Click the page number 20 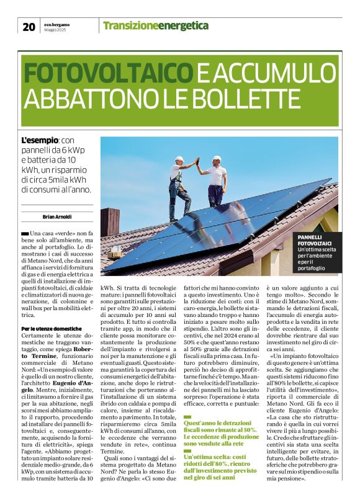pyautogui.click(x=29, y=26)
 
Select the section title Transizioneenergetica pyautogui.click(x=146, y=25)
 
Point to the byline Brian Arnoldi pyautogui.click(x=56, y=217)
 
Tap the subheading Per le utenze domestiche pyautogui.click(x=52, y=328)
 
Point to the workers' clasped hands pyautogui.click(x=198, y=162)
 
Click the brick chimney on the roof pyautogui.click(x=110, y=221)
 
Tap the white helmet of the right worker pyautogui.click(x=217, y=159)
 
